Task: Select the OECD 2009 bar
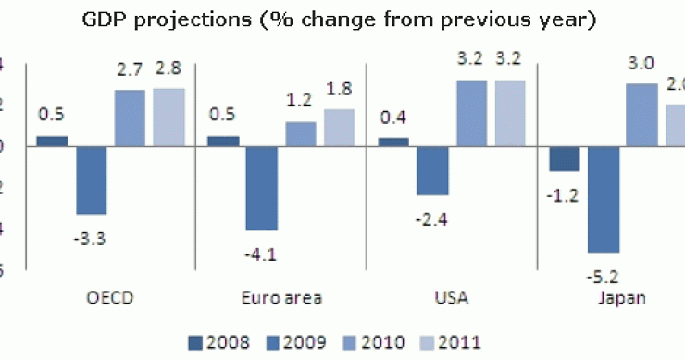pos(91,180)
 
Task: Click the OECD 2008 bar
pos(52,141)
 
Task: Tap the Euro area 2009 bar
pos(261,188)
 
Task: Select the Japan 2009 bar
pos(604,199)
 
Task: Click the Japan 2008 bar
pos(565,158)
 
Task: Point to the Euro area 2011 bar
pos(339,128)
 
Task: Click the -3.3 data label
pos(90,239)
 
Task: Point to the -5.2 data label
pos(603,276)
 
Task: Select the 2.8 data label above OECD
pos(169,68)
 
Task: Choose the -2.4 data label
pos(432,218)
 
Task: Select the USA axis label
pos(452,298)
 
